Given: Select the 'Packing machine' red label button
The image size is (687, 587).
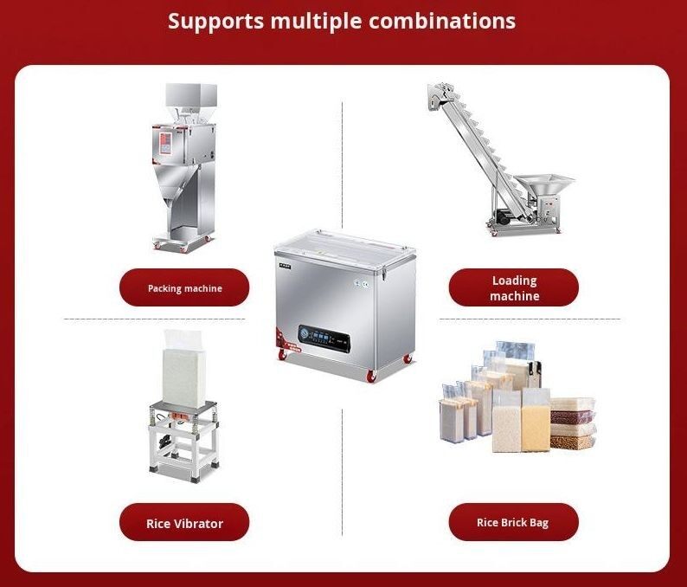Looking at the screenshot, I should coord(184,288).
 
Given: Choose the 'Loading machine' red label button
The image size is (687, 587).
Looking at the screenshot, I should coord(513,288).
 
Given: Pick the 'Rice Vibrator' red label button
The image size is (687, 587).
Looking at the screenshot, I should coord(184,523).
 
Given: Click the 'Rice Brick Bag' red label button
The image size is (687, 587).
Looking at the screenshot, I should coord(513,523).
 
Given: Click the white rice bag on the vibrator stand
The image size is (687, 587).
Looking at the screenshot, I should coord(183,364).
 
